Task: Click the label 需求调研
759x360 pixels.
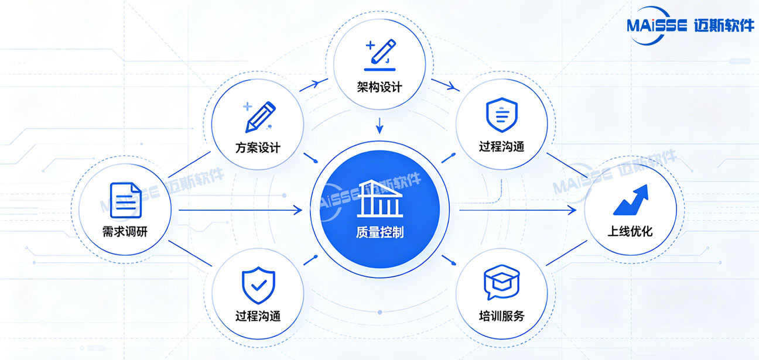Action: point(125,232)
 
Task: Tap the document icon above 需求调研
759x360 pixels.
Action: point(126,200)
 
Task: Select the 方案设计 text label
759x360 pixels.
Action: point(258,148)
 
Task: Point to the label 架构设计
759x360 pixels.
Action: point(379,87)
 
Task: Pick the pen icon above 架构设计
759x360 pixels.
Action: point(380,55)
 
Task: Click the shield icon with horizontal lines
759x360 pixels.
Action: point(502,115)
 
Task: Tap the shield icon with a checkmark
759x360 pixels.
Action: point(258,285)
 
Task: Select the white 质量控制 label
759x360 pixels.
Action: point(380,232)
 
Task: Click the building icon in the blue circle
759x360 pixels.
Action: point(380,198)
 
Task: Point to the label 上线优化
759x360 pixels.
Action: point(630,232)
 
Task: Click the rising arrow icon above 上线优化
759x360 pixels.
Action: point(631,200)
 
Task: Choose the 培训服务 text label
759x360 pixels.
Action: point(502,316)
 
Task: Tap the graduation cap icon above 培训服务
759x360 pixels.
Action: point(502,282)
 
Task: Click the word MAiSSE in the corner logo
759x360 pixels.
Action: point(657,26)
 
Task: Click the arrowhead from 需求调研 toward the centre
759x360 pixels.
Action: point(298,210)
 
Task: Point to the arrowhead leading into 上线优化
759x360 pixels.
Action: point(572,210)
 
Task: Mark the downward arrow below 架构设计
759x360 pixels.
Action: point(380,126)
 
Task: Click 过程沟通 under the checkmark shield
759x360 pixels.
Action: point(258,316)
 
